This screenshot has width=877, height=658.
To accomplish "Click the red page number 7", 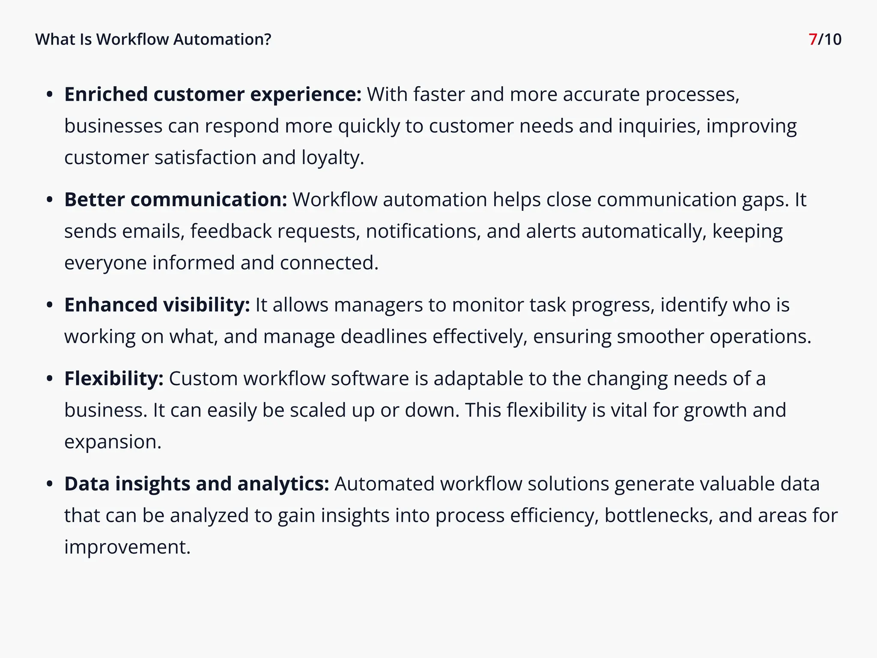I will pos(813,39).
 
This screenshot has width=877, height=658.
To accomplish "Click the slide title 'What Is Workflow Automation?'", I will pos(153,39).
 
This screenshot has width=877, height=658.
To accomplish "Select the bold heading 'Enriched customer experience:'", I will pos(213,95).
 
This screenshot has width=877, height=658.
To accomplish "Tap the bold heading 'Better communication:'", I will pos(176,200).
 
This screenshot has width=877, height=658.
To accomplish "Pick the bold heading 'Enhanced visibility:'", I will pos(157,305).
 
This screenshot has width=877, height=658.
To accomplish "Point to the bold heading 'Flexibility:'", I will pos(113,379).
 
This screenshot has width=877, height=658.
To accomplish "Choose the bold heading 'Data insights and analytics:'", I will pos(197,484).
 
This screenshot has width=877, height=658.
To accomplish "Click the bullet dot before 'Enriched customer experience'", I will pos(50,95).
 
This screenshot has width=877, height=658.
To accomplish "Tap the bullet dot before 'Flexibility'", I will pos(50,379).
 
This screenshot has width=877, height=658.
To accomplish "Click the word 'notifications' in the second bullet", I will pos(423,231).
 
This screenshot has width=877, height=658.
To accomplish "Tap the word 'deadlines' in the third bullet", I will pos(384,337).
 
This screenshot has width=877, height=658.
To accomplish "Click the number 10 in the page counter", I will pos(832,39).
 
